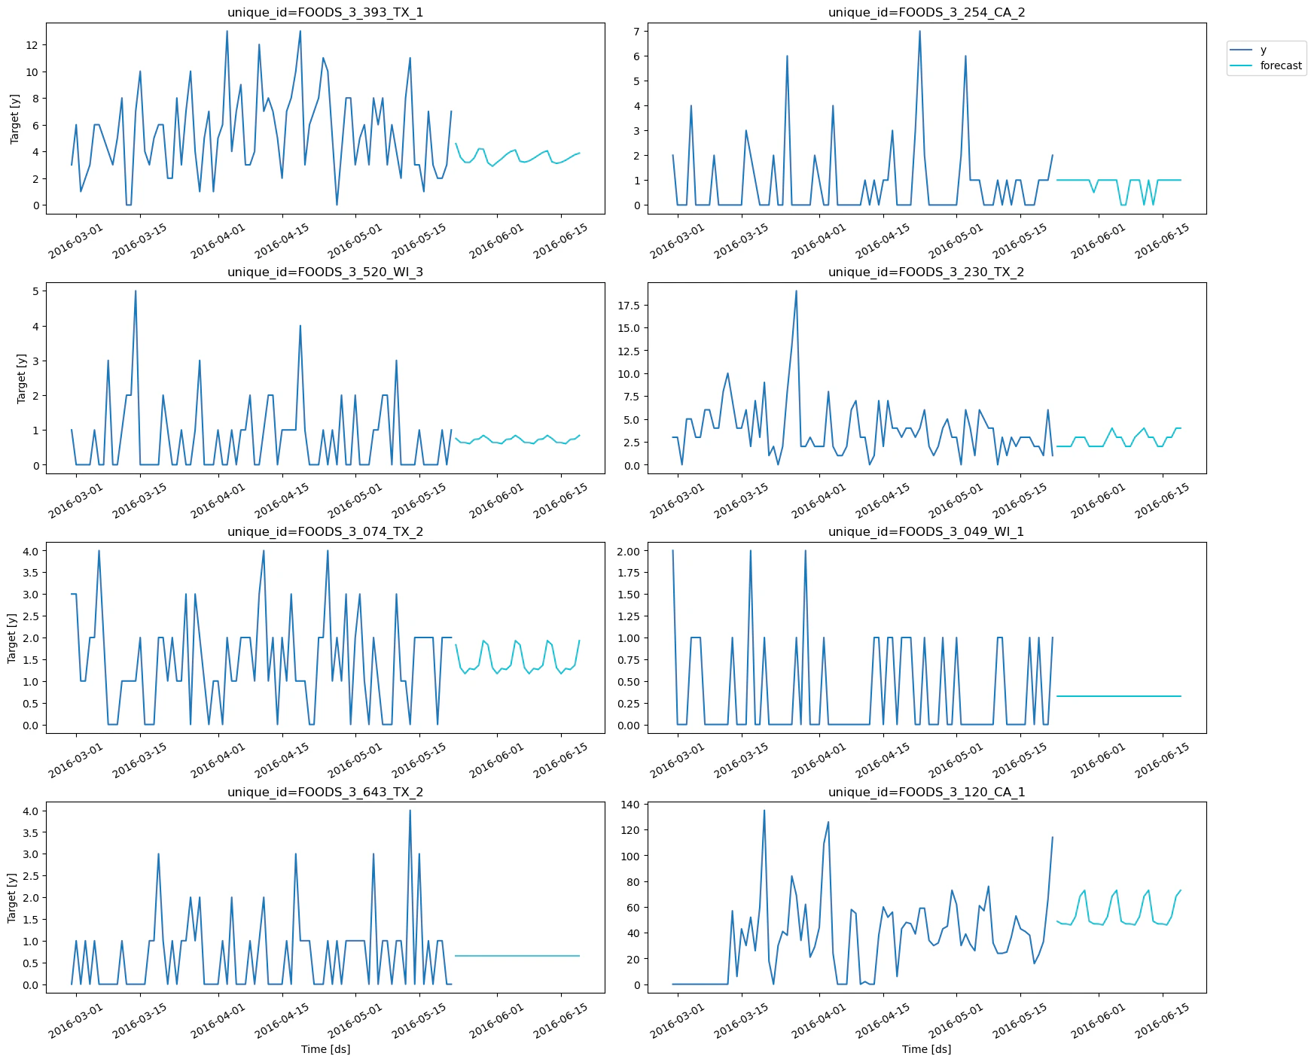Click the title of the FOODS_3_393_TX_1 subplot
325,12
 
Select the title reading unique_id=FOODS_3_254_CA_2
926,12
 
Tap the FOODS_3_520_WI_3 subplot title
325,272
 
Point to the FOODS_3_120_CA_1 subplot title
926,792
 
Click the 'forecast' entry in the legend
1280,65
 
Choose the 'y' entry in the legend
1263,50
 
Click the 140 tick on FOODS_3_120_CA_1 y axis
630,805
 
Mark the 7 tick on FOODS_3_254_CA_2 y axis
636,32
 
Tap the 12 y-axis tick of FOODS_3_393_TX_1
32,45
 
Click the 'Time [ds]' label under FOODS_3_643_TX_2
325,1049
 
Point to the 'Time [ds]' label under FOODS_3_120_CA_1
926,1049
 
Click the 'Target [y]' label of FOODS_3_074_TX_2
12,638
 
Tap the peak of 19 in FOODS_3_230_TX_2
796,291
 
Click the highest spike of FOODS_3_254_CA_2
919,32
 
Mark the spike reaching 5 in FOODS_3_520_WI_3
136,291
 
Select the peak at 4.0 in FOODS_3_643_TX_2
410,811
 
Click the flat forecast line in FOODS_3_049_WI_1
1118,696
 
